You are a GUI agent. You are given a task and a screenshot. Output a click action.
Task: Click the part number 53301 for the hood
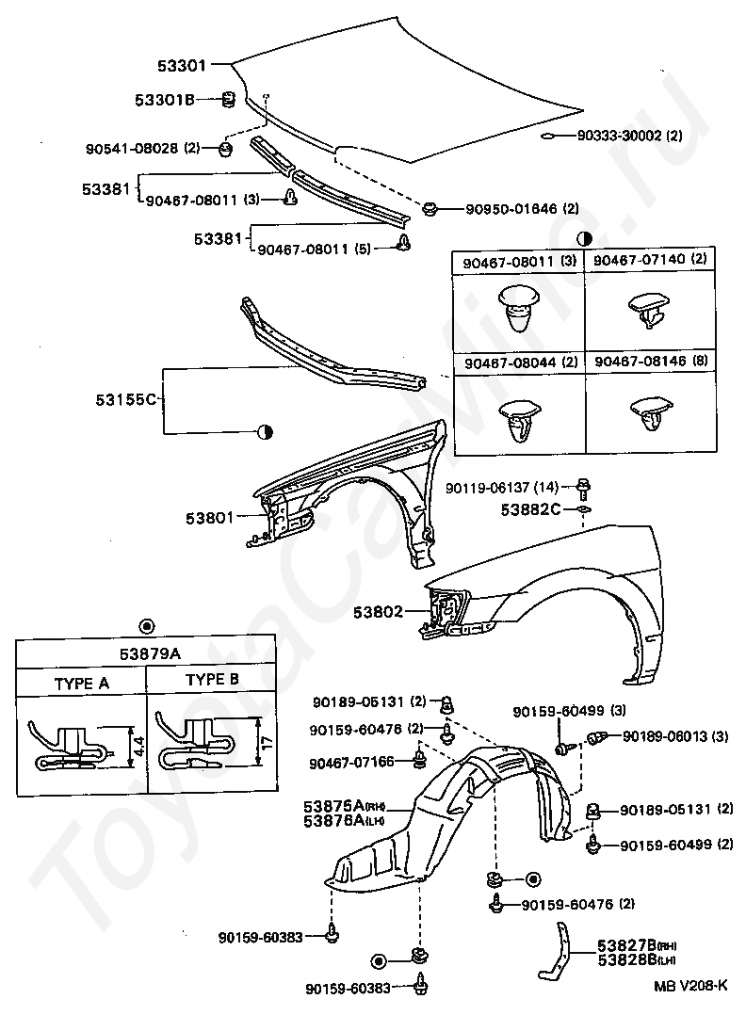pos(182,66)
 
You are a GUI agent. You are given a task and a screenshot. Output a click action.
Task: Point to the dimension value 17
pos(268,743)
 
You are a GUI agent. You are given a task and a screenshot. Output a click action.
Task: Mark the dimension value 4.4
pos(138,747)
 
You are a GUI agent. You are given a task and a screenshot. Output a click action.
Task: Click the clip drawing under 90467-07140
pos(646,309)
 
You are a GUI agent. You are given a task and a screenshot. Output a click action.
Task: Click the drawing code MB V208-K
pos(690,986)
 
